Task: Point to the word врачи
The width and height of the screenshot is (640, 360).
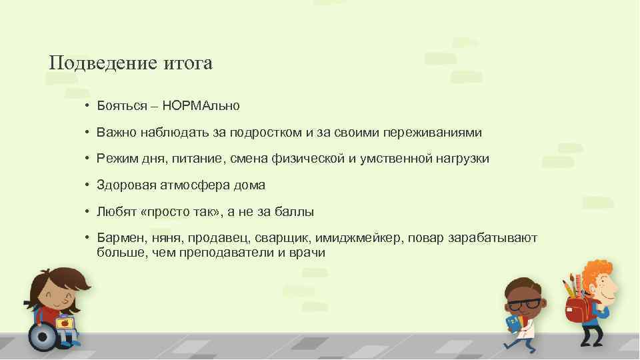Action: point(307,253)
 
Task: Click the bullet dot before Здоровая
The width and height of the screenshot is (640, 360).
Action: point(87,185)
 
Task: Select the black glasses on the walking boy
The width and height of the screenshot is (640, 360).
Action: point(522,304)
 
